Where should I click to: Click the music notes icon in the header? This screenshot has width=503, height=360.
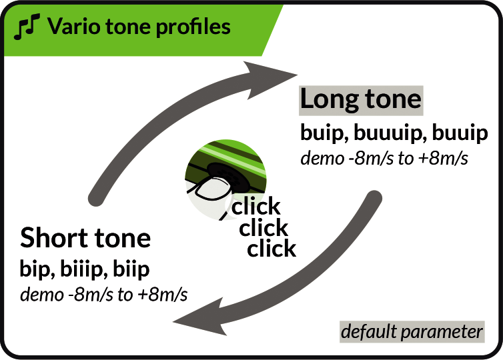[x=27, y=26]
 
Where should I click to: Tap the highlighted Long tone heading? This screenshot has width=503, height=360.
[x=361, y=100]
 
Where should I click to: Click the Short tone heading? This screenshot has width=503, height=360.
[x=85, y=238]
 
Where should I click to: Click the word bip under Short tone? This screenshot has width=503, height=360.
[x=37, y=269]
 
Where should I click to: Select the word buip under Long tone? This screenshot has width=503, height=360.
[x=325, y=133]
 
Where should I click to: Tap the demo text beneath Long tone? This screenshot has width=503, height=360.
[x=384, y=159]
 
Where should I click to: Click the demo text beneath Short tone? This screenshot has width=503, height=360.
[x=103, y=295]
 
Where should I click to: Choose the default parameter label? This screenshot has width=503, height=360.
[x=412, y=332]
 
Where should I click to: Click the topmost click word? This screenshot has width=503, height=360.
[x=256, y=207]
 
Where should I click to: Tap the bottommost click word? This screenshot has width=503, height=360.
[x=272, y=249]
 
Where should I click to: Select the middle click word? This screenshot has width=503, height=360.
[x=264, y=228]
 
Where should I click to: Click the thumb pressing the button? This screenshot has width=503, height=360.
[x=211, y=189]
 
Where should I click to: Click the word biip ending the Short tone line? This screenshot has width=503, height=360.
[x=131, y=269]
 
